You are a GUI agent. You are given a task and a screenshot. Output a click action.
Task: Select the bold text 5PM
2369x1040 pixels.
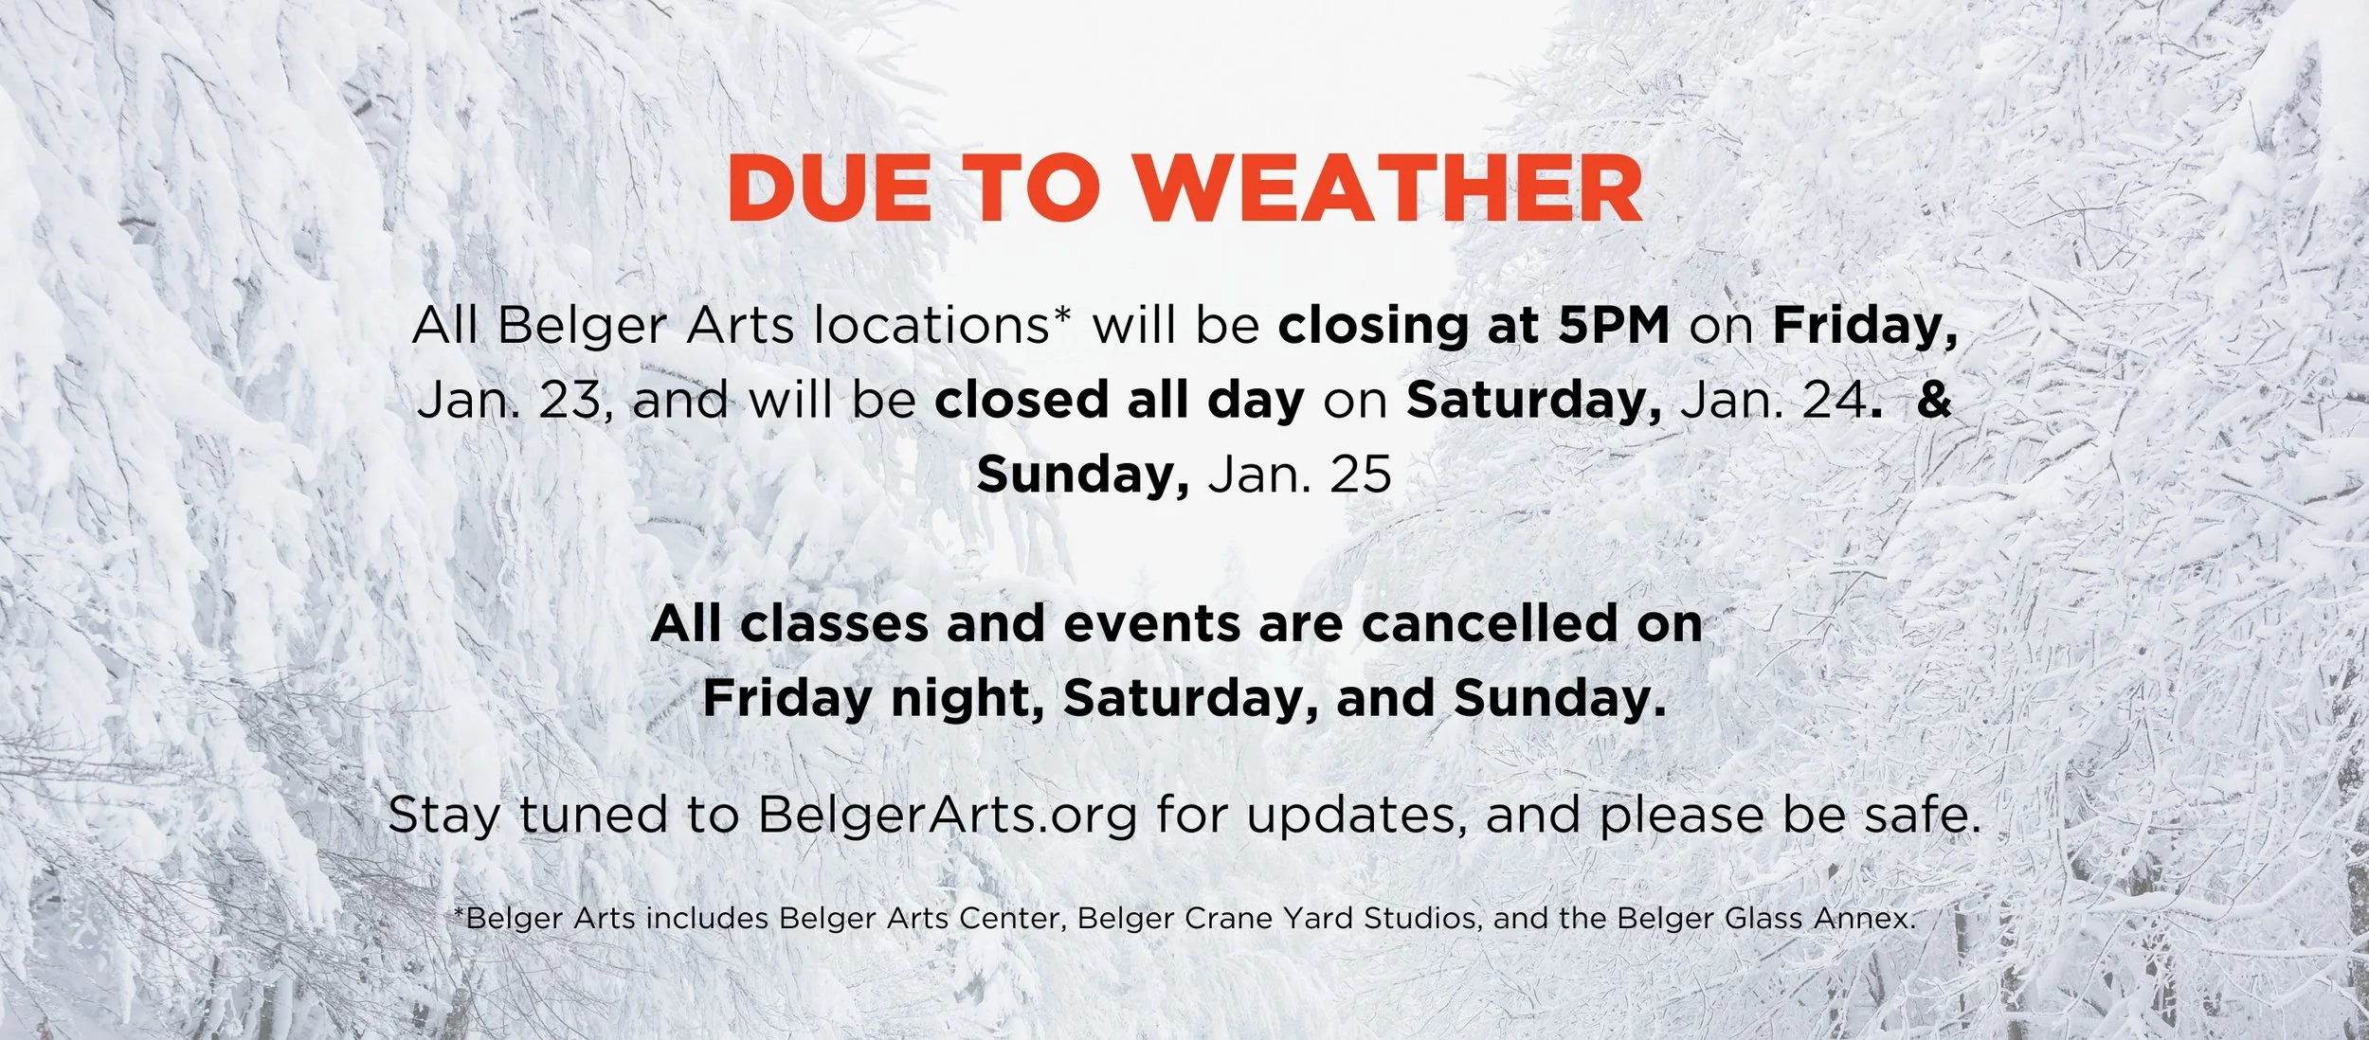pyautogui.click(x=1614, y=325)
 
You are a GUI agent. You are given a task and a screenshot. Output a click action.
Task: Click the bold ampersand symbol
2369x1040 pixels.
pyautogui.click(x=1934, y=400)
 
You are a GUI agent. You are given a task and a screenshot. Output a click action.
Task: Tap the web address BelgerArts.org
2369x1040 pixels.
pyautogui.click(x=947, y=815)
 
